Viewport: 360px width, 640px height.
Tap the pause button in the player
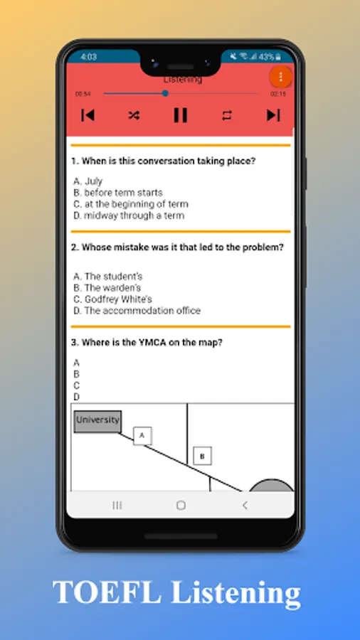point(181,115)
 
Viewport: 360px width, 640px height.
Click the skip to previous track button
point(88,115)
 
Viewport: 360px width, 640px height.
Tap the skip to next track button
point(273,115)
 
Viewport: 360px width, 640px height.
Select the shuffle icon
point(134,115)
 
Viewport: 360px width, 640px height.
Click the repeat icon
point(227,115)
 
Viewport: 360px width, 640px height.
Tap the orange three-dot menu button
point(280,77)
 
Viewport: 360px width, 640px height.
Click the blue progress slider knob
point(165,93)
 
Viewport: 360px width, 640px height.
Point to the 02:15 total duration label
point(278,94)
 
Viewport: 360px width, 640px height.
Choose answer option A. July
point(88,181)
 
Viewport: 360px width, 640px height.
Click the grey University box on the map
point(97,422)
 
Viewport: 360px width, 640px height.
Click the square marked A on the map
point(142,436)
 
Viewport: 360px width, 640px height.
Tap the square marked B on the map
point(203,456)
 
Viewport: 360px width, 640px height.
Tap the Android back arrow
point(245,506)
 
